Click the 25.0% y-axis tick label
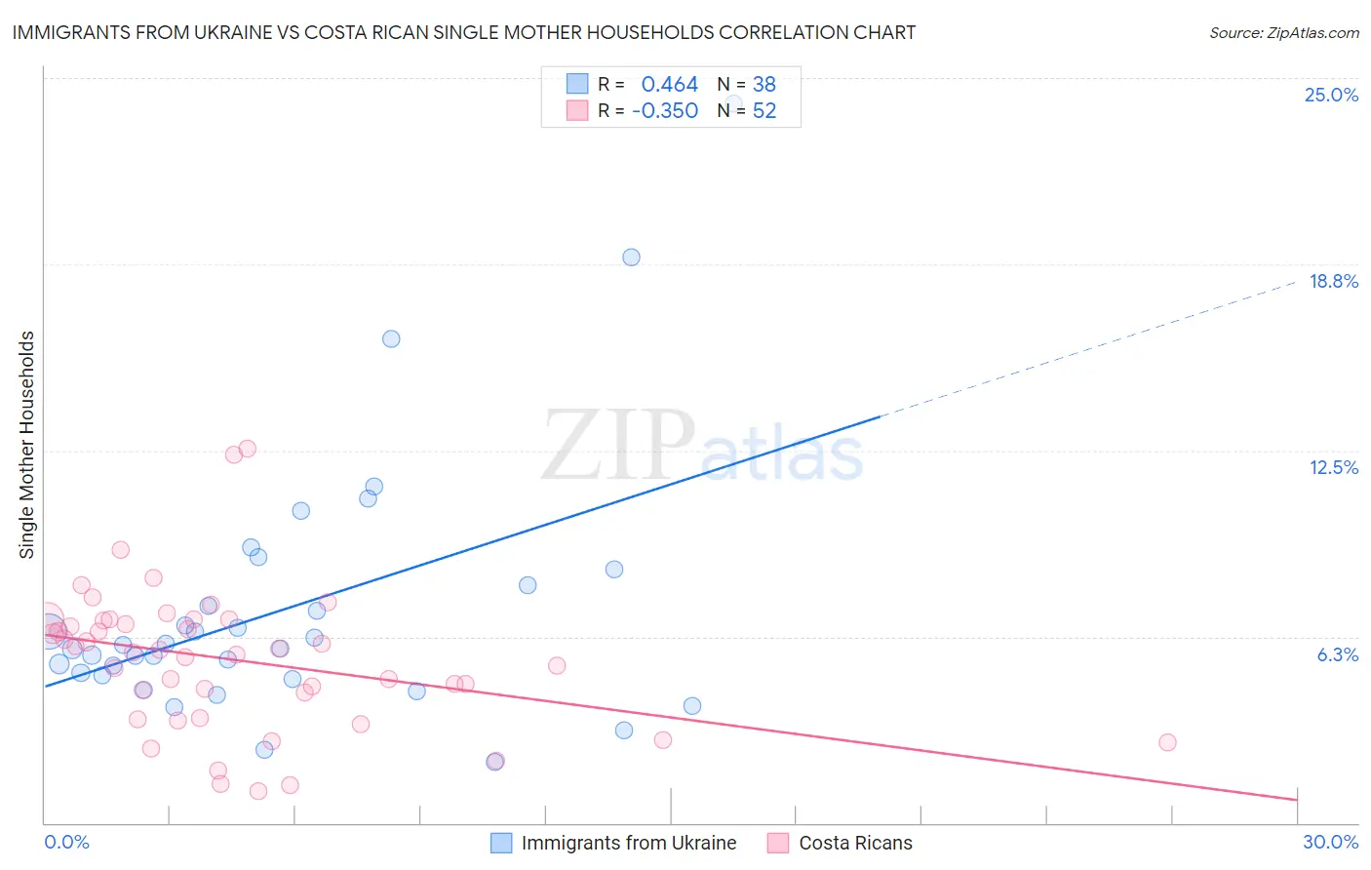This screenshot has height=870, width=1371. tap(1331, 96)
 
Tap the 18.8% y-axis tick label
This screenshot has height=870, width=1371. tap(1333, 282)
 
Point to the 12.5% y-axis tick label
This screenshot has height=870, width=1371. tap(1333, 468)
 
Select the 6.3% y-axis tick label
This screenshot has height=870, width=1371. tap(1337, 655)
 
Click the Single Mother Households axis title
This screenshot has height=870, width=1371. tap(27, 445)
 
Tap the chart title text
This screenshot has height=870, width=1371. tap(464, 33)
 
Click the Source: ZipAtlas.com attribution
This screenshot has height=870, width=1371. tap(1283, 33)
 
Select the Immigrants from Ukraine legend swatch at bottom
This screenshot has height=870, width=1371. tap(501, 844)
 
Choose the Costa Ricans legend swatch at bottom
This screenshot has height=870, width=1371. tap(778, 844)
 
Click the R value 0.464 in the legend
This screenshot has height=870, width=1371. tap(669, 85)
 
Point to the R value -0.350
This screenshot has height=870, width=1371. tap(665, 111)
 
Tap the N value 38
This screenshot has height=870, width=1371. tap(764, 85)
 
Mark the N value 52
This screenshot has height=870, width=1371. tap(764, 111)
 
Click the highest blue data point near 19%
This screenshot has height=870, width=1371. tap(631, 257)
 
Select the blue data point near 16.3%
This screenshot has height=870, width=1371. tap(391, 339)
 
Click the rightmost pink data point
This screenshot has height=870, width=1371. tap(1167, 742)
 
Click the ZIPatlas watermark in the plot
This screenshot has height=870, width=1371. tap(702, 447)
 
